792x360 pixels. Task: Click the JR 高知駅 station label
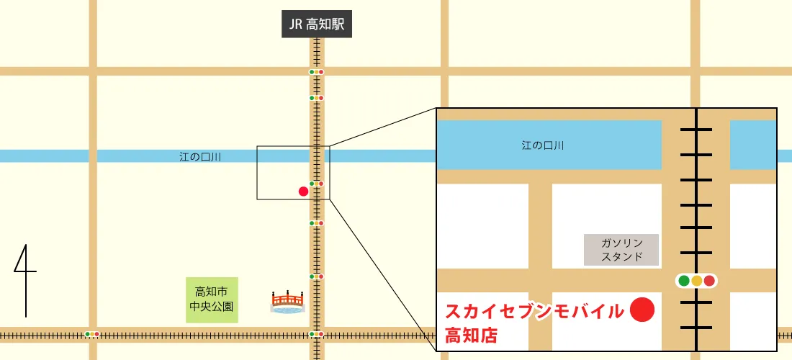point(317,25)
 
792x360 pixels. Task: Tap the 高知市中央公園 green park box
point(212,300)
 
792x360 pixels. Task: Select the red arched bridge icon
point(288,302)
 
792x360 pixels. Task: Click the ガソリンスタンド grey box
point(622,249)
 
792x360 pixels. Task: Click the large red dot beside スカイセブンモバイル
point(642,310)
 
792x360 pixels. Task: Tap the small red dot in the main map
point(303,191)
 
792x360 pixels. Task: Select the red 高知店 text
point(472,335)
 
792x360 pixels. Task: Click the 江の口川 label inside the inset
point(543,145)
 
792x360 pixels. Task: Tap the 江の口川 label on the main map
point(200,156)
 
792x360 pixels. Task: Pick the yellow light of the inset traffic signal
point(696,281)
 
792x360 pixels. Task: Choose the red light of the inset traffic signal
point(710,281)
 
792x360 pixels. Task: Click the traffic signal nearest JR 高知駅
point(316,72)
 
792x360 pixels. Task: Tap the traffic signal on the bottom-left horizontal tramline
point(92,334)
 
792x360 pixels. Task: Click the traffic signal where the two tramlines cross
point(316,334)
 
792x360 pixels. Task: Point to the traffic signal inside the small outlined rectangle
point(316,184)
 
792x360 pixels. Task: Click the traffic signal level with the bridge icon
point(316,276)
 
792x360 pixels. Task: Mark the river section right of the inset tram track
point(753,145)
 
